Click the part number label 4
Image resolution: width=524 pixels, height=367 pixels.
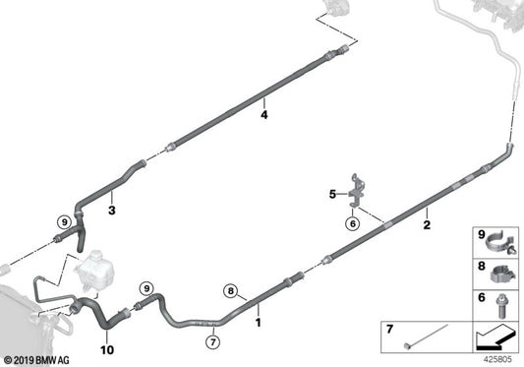264,115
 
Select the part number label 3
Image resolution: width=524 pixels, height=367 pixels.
112,211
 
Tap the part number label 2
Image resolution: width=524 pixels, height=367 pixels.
427,224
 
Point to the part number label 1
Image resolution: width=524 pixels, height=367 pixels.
258,323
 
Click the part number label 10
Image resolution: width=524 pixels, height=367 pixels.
107,350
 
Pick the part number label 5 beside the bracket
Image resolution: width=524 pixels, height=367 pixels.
332,194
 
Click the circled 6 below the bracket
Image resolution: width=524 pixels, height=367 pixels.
353,223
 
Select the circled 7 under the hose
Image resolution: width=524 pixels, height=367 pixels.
213,341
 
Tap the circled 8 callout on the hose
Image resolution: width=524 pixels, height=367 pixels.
231,291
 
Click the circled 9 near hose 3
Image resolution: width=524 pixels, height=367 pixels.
64,221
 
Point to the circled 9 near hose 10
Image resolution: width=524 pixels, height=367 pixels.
146,288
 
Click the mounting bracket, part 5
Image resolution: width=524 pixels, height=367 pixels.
357,191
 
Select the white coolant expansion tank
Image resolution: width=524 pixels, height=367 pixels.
93,270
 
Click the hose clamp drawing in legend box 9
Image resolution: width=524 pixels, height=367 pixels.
501,244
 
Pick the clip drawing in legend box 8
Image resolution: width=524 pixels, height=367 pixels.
503,273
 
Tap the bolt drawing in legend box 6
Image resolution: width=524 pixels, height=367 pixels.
501,305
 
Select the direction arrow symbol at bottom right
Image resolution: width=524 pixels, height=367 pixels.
495,336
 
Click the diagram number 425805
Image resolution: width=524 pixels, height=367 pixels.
497,360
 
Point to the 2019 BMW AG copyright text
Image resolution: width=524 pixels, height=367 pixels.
36,360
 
